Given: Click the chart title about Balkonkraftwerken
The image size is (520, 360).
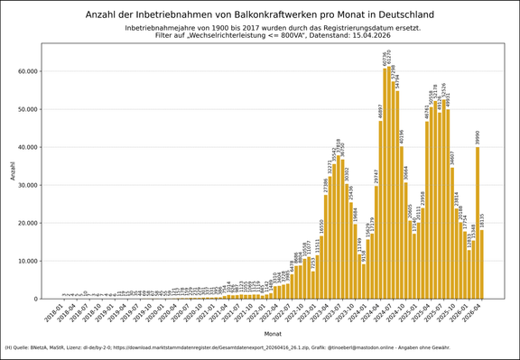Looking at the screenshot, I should (259, 15).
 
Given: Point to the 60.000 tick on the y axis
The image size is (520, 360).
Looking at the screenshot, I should (25, 71).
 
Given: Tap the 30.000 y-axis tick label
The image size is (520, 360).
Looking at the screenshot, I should (25, 185).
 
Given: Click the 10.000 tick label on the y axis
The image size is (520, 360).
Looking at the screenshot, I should (25, 261).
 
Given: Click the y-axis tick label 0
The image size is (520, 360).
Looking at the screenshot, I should (35, 299).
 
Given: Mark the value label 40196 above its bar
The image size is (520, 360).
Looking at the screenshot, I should (402, 136).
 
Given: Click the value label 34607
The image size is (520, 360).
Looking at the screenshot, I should (452, 158).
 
